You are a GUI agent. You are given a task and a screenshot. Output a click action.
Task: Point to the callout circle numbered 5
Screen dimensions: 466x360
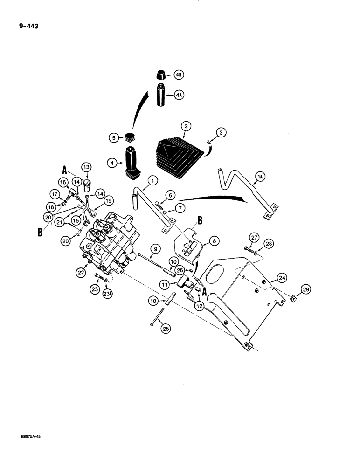pos(113,137)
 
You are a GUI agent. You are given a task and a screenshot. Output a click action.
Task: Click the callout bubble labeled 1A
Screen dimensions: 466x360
pos(260,176)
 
